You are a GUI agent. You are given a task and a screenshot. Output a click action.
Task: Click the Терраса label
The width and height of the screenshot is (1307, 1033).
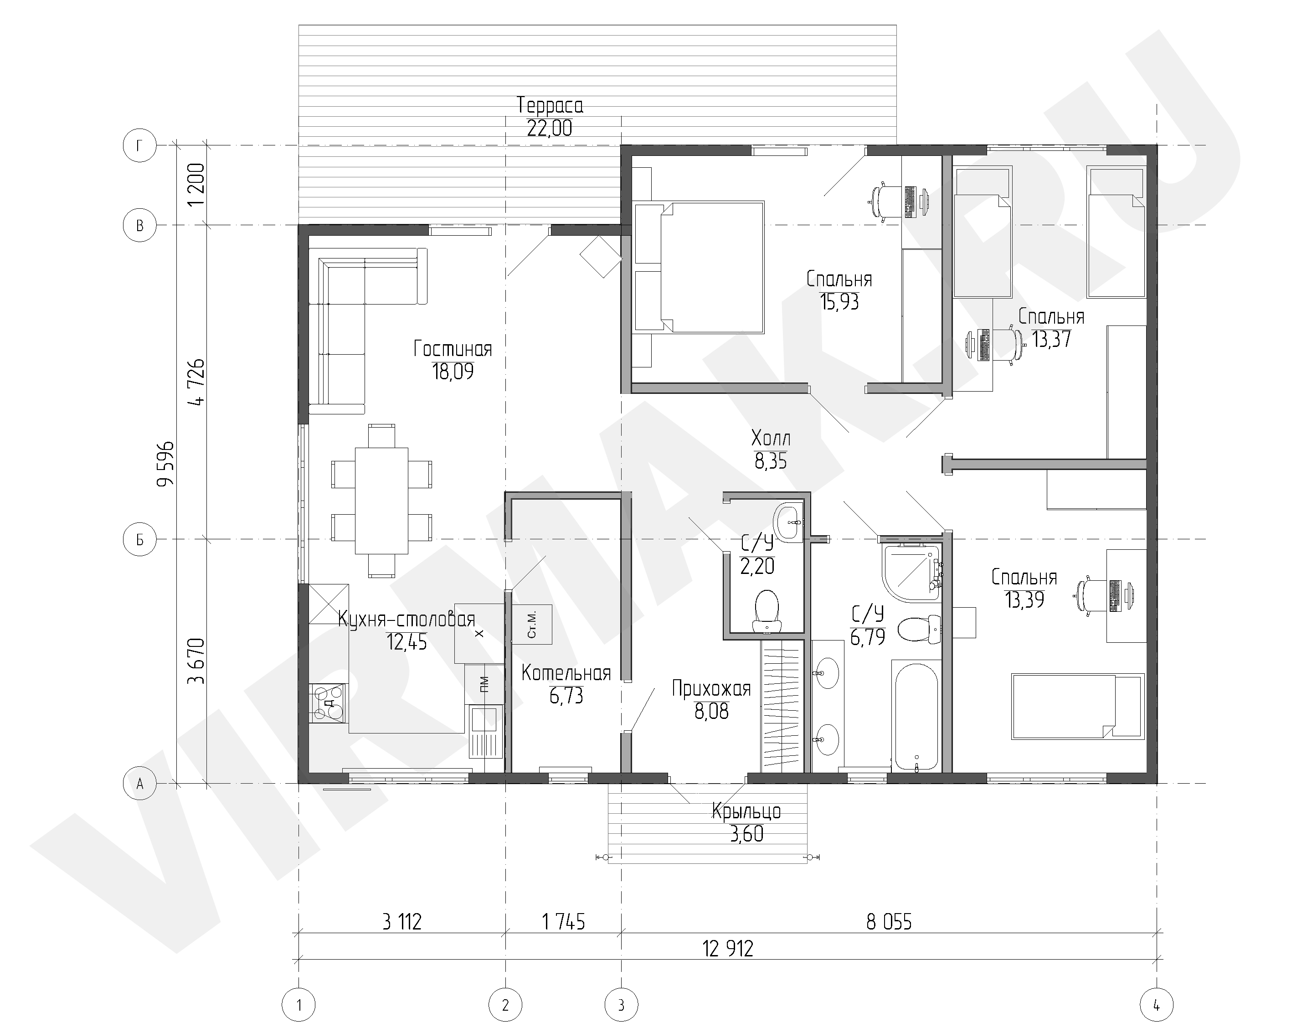click(550, 106)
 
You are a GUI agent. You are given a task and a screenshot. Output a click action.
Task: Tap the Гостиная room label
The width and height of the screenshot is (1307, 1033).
click(453, 349)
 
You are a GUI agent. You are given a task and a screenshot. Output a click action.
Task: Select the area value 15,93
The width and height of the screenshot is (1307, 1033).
click(839, 302)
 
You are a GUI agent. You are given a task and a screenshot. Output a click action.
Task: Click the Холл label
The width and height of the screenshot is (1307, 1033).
click(770, 438)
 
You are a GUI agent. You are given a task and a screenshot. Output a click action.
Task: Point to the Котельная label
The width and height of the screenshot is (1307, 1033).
click(566, 673)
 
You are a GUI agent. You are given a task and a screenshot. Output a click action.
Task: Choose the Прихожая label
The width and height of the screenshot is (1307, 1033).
click(711, 688)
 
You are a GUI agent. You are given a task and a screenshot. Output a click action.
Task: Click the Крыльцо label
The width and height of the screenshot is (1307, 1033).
click(746, 811)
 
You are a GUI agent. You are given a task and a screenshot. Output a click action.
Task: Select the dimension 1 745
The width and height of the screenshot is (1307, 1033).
click(563, 922)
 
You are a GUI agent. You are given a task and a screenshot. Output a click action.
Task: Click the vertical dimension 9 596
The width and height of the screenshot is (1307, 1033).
click(165, 464)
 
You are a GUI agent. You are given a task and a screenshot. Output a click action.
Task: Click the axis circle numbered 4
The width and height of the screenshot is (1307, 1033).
click(1157, 1006)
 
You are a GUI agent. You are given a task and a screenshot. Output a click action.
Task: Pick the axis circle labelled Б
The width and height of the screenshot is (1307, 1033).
click(139, 539)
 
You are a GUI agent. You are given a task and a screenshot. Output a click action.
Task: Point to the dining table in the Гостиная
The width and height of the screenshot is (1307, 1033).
click(381, 501)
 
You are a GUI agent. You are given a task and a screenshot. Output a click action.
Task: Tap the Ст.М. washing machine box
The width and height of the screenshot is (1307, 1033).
click(531, 624)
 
